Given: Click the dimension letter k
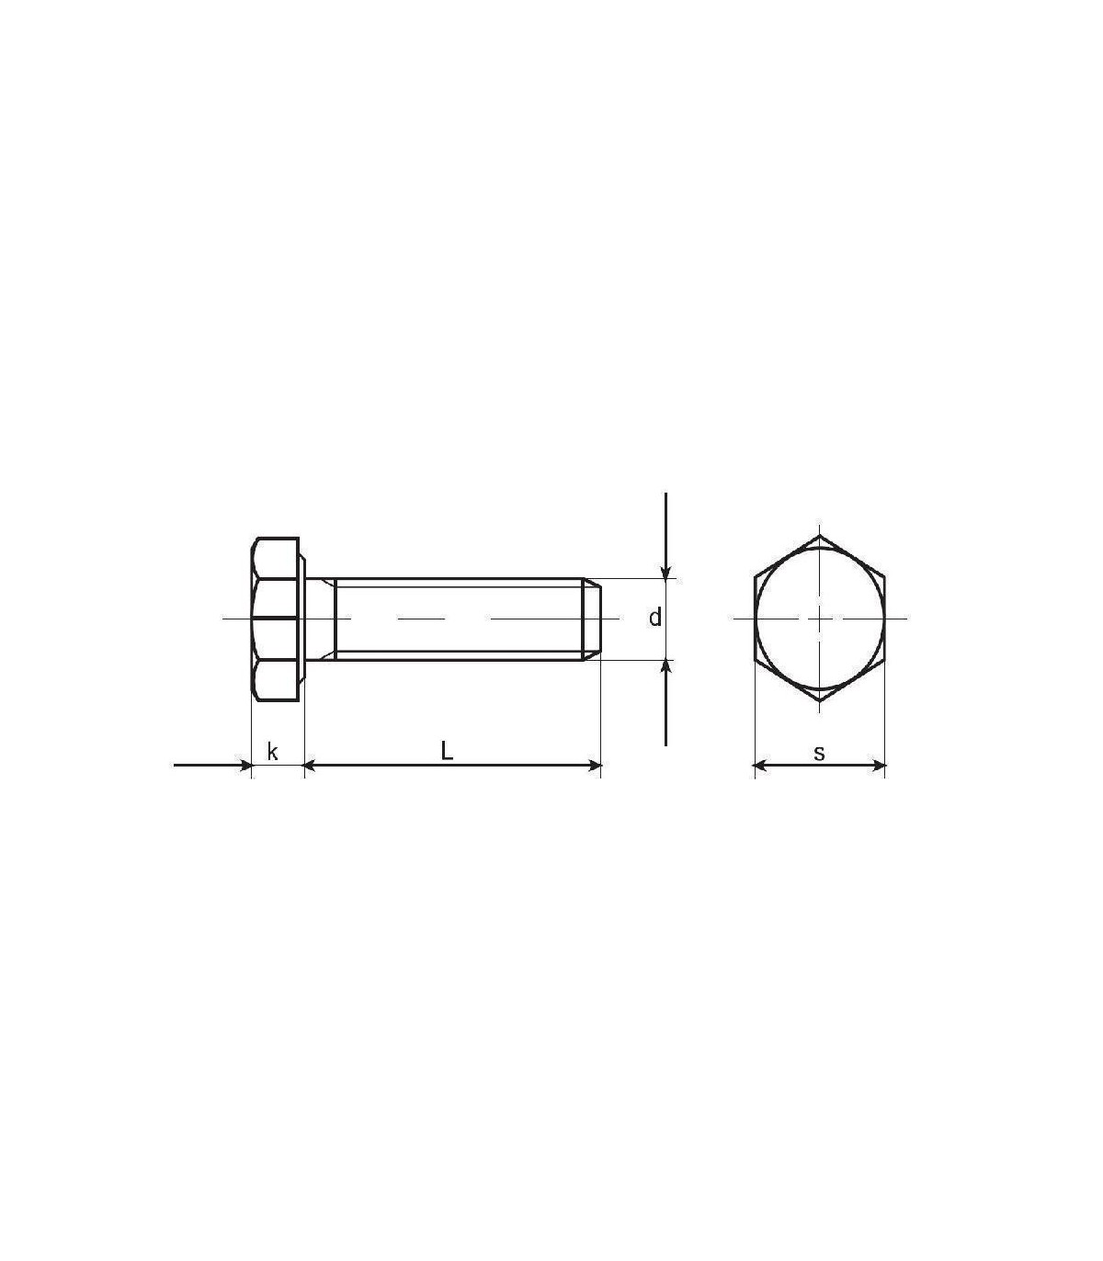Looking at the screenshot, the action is click(x=272, y=752).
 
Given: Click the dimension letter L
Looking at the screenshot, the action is click(x=447, y=750).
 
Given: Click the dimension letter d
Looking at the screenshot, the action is click(x=655, y=617).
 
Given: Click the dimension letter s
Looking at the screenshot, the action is click(x=819, y=753).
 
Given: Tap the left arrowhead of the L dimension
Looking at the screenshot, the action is click(x=310, y=766).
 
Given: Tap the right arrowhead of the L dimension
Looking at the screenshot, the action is click(x=596, y=766).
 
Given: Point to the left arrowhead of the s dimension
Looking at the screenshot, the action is click(x=760, y=766).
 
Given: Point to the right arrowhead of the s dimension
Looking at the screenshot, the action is click(x=880, y=766).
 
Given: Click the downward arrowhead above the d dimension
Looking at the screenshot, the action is click(x=665, y=572).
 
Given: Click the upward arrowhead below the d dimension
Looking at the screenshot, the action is click(x=665, y=667).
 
